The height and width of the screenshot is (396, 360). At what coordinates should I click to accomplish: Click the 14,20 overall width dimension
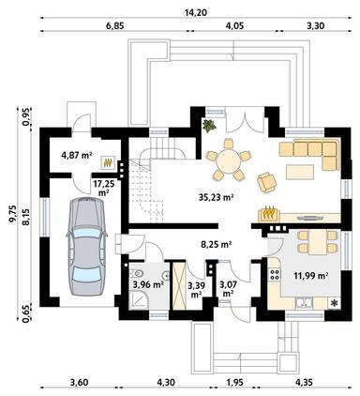coord(197,13)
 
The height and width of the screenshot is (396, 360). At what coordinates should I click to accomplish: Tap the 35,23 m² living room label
coord(217,197)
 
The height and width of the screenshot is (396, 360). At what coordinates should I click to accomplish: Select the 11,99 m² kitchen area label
coord(311,276)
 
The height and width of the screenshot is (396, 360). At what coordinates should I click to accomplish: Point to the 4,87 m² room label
coord(77,156)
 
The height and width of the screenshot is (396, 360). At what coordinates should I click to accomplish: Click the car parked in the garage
coord(86,246)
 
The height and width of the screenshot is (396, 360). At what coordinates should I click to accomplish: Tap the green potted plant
coord(209,126)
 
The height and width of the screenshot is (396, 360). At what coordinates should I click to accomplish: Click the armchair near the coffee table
coord(267,182)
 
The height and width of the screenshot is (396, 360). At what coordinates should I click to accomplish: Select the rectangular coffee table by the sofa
coord(300,172)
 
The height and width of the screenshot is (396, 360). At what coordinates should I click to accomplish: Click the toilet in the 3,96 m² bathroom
coord(136,274)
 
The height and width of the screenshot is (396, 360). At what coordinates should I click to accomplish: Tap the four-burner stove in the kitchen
coord(275,274)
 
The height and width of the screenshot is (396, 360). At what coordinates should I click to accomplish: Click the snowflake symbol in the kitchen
coord(335,303)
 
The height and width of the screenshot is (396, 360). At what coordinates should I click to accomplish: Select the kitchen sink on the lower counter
coord(304,302)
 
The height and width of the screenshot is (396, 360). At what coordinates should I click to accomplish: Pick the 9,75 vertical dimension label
coord(13,214)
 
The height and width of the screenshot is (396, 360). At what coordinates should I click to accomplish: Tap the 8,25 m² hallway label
coord(216,244)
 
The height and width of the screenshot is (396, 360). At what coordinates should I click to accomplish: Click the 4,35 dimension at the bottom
coord(305,382)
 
